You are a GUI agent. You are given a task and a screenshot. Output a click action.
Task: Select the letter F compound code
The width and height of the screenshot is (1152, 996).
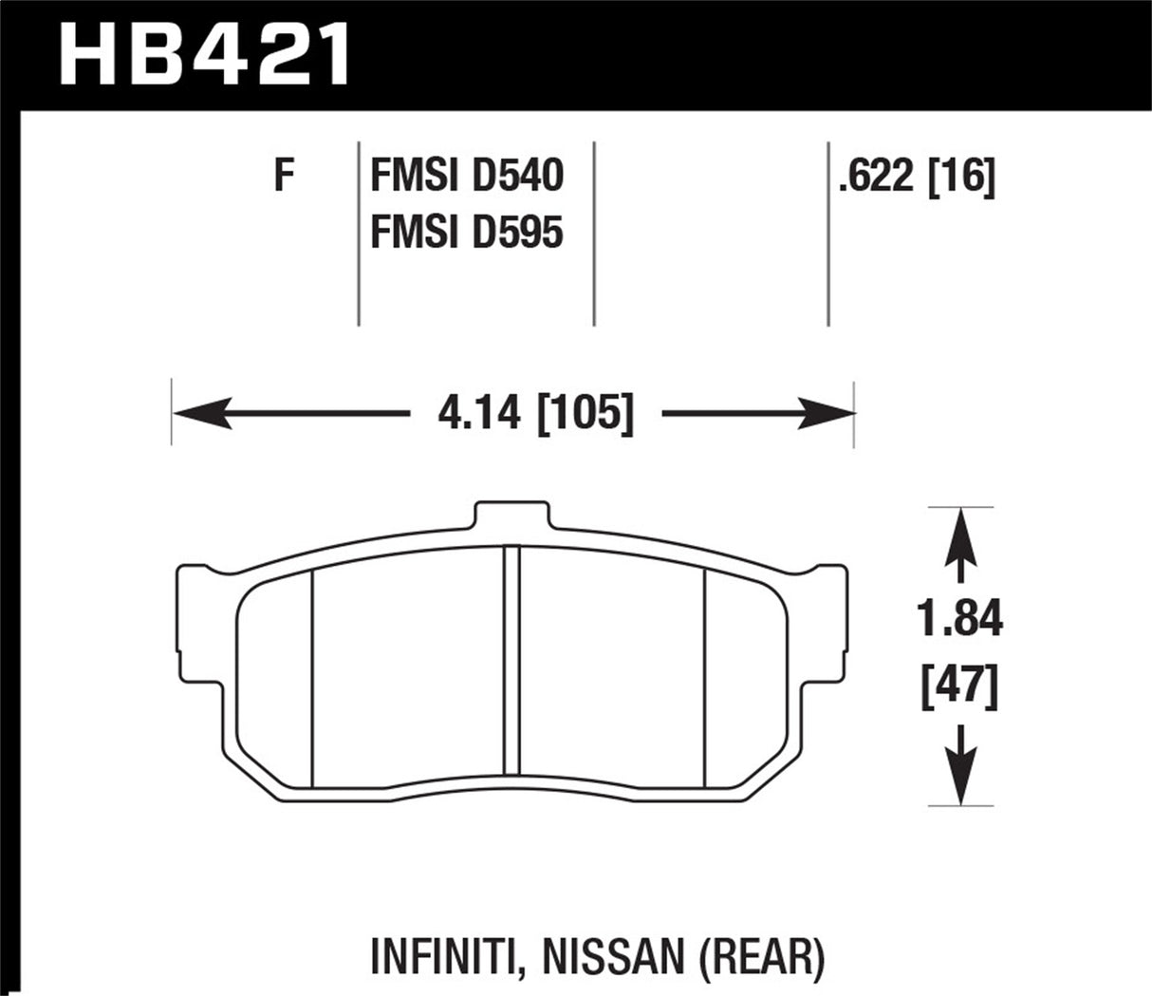pyautogui.click(x=282, y=177)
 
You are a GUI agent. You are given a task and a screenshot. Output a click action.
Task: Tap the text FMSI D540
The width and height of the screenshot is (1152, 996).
pyautogui.click(x=467, y=177)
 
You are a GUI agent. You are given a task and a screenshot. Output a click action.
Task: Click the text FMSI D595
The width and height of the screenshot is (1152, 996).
pyautogui.click(x=467, y=232)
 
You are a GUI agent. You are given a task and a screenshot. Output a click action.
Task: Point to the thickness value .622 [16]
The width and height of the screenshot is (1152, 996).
pyautogui.click(x=916, y=177)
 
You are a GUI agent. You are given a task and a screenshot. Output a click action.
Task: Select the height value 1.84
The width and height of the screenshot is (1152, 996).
pyautogui.click(x=961, y=622)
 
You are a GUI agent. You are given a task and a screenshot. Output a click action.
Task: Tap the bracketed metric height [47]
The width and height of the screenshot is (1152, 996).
pyautogui.click(x=961, y=686)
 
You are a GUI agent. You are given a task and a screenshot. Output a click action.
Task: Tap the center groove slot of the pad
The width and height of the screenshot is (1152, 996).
pyautogui.click(x=511, y=665)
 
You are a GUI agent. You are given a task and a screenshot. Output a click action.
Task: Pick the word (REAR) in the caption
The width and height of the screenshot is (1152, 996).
pyautogui.click(x=780, y=960)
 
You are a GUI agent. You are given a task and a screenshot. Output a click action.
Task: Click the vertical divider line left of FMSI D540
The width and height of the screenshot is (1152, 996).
pyautogui.click(x=359, y=233)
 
